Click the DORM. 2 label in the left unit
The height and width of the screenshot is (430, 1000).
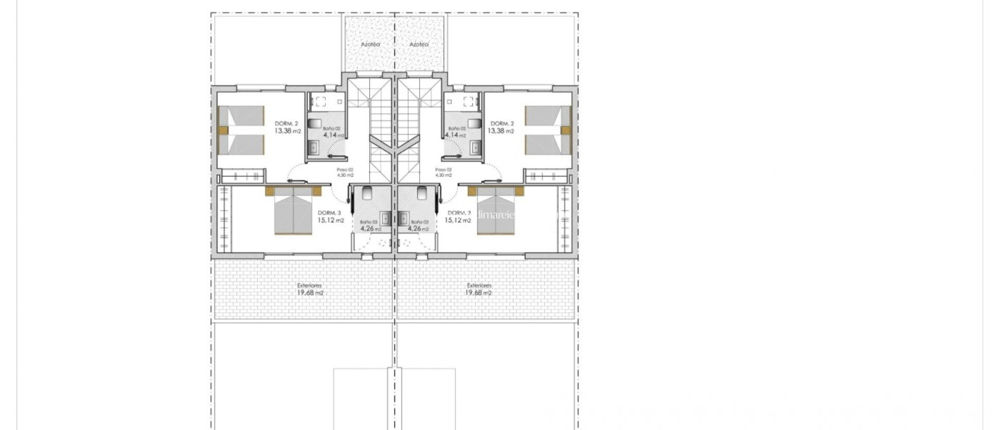pyautogui.click(x=286, y=124)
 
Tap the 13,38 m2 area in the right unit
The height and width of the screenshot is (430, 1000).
pyautogui.click(x=501, y=131)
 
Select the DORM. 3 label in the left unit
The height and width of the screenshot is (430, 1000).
pyautogui.click(x=329, y=213)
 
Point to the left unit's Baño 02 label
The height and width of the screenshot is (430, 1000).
pyautogui.click(x=332, y=129)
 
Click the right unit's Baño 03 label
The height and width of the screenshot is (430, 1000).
pyautogui.click(x=419, y=222)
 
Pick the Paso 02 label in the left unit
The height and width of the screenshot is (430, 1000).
pyautogui.click(x=345, y=170)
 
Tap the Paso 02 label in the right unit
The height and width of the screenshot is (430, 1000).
pyautogui.click(x=443, y=170)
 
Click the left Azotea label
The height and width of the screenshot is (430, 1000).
pyautogui.click(x=370, y=44)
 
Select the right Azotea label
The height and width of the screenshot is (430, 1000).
pyautogui.click(x=419, y=44)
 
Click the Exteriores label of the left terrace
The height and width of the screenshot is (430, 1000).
pyautogui.click(x=310, y=285)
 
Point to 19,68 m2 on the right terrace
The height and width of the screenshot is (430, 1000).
pyautogui.click(x=479, y=293)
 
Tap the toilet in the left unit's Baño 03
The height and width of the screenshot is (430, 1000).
pyautogui.click(x=368, y=193)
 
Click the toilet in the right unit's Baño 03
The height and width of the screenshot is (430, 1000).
pyautogui.click(x=422, y=193)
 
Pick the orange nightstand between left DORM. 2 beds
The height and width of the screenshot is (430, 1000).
pyautogui.click(x=223, y=130)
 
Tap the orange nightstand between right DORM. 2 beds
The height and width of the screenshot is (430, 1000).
pyautogui.click(x=566, y=130)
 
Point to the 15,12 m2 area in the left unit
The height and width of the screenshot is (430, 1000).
pyautogui.click(x=331, y=220)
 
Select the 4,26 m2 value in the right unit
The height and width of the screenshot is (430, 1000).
pyautogui.click(x=418, y=228)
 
